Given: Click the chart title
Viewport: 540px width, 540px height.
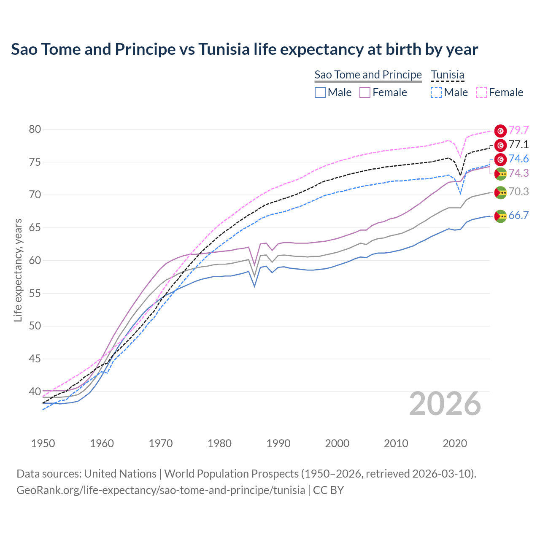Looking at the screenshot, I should click(x=244, y=49).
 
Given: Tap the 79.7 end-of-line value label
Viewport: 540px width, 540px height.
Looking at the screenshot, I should click(x=518, y=130).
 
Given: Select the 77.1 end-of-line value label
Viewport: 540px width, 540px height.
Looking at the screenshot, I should click(x=518, y=145).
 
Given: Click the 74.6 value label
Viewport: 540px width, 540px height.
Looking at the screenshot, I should click(x=518, y=159).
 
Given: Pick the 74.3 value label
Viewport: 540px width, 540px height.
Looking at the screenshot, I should click(x=518, y=173).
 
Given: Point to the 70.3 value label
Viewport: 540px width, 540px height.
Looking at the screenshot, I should click(x=518, y=192).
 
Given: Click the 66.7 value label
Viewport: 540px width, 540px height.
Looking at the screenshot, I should click(x=518, y=216).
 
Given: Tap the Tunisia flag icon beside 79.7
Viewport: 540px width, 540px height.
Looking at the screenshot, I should click(x=500, y=131).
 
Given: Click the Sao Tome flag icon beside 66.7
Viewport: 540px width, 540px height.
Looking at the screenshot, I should click(x=500, y=216).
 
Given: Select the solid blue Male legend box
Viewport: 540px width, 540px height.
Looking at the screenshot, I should click(x=320, y=92).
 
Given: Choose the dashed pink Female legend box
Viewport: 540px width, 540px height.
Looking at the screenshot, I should click(x=481, y=92).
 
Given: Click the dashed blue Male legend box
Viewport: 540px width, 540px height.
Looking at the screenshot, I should click(x=436, y=92).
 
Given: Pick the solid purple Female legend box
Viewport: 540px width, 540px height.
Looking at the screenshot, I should click(x=365, y=92).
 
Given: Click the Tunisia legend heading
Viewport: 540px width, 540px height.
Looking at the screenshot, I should click(x=448, y=75).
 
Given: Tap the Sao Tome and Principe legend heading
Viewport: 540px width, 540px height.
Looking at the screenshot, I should click(x=368, y=75).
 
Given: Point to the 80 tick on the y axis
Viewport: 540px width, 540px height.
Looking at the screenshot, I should click(x=35, y=130).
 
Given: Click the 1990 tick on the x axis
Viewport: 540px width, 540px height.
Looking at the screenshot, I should click(x=278, y=443).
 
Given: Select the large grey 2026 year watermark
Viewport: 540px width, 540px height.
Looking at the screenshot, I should click(x=445, y=404).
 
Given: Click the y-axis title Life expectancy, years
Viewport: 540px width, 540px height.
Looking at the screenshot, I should click(x=18, y=270).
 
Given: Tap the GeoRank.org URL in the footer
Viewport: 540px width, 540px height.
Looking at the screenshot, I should click(x=161, y=490).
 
